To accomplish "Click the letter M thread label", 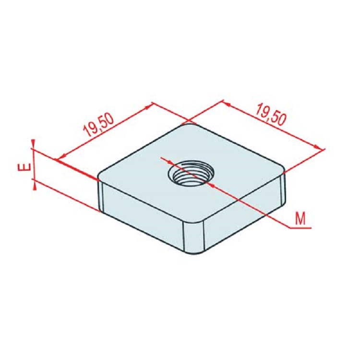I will (x=300, y=219).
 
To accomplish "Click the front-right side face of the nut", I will (x=245, y=216).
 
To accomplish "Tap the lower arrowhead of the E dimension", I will (x=33, y=184).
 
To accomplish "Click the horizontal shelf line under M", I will (x=300, y=227).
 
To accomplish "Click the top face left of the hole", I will (x=139, y=173).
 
